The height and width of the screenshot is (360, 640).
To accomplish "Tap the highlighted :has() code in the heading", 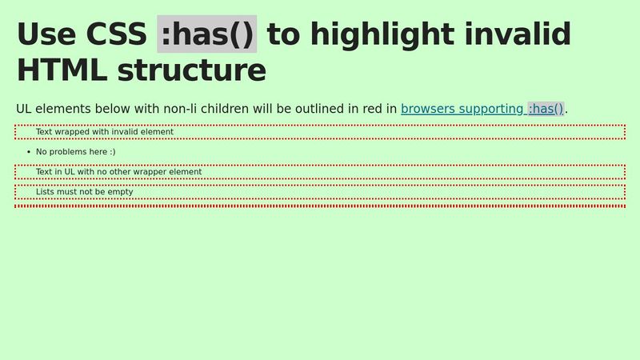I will [206, 34].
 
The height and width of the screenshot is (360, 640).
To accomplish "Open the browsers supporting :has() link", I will [482, 109].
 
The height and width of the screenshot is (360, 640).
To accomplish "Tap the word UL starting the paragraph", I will [26, 109].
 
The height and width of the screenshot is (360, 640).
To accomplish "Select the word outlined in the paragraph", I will [306, 109].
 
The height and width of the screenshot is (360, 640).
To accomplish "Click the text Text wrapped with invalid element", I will [104, 132].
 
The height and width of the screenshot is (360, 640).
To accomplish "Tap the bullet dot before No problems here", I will [29, 152].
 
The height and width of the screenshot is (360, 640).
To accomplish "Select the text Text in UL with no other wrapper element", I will [118, 172].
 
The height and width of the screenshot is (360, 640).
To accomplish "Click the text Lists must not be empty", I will [84, 192].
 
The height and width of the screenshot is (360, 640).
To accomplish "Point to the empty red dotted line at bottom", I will [320, 206].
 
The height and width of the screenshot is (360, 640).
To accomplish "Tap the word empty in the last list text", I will [120, 192].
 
